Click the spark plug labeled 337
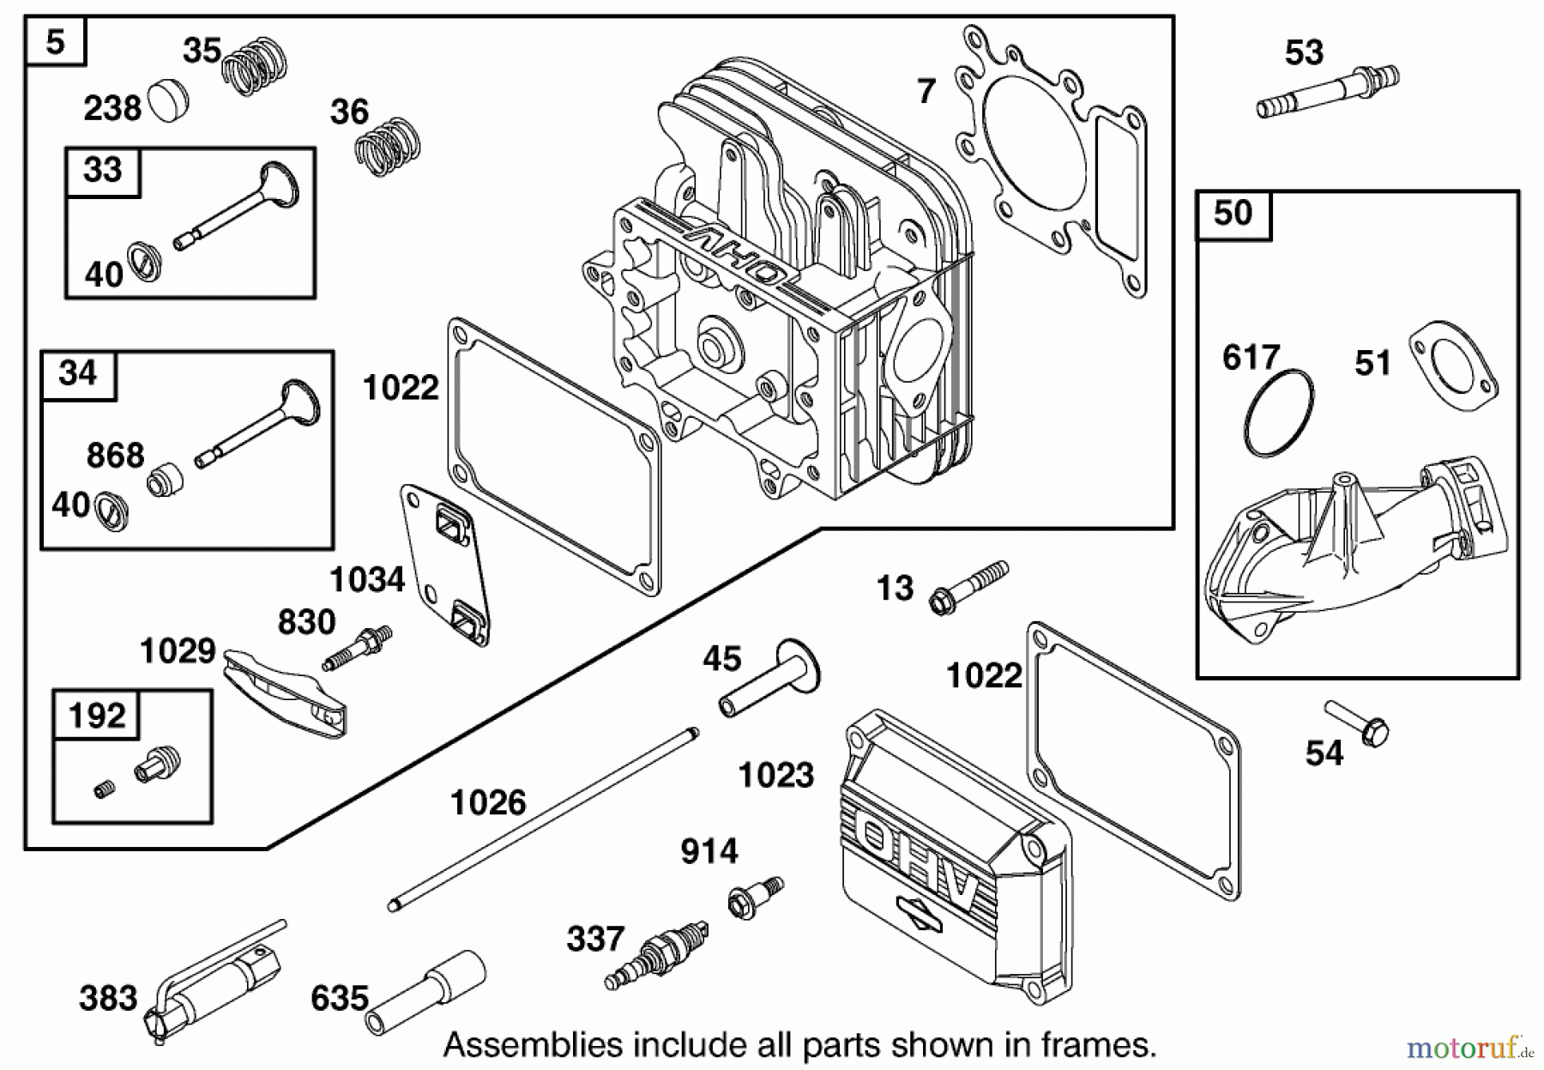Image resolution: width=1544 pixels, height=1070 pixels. point(657,954)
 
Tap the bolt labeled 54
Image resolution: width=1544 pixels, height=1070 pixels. point(1359,722)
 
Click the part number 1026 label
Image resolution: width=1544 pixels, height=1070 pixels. point(487,803)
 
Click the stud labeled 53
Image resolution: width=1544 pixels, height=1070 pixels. point(1328,90)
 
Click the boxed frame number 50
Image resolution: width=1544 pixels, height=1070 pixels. point(1233,214)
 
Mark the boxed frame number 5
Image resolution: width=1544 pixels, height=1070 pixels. point(56,41)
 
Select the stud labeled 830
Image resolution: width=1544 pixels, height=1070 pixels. point(358,649)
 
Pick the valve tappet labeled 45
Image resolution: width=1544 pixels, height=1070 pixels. point(769,678)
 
